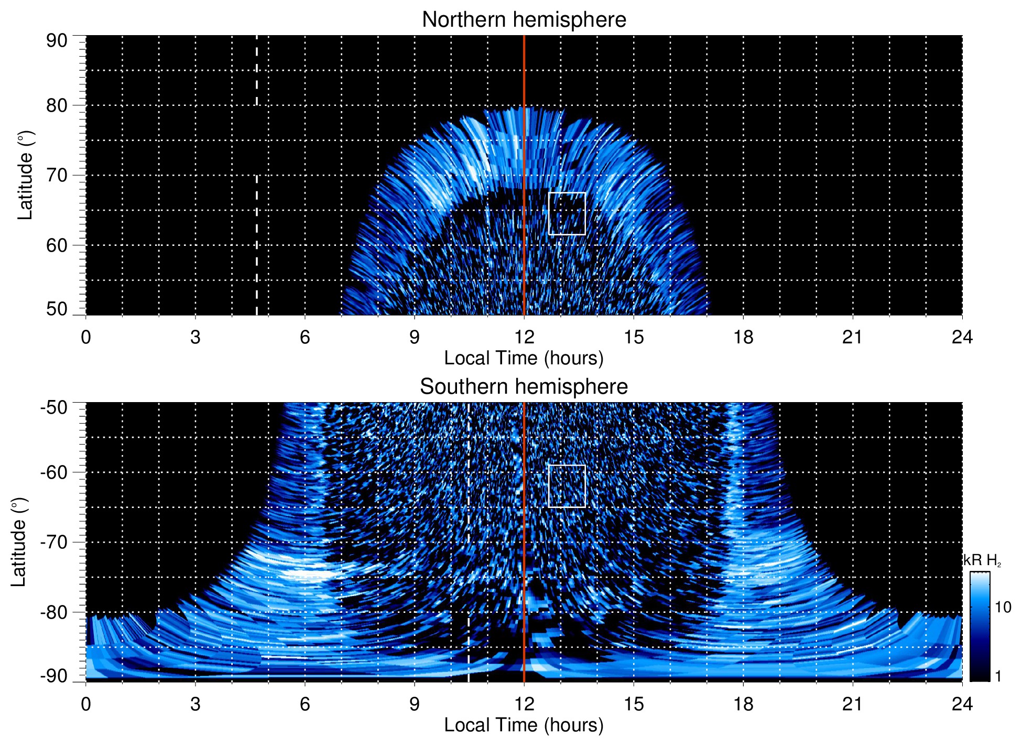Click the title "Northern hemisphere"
(524, 20)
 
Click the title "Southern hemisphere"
(524, 387)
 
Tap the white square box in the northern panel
(567, 214)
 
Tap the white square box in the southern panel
(567, 486)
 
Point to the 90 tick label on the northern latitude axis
(57, 41)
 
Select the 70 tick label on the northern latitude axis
(57, 175)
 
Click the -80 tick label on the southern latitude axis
(53, 612)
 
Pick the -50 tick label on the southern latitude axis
(53, 407)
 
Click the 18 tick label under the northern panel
(743, 337)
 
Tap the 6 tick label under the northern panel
(305, 337)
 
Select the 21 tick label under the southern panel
(853, 704)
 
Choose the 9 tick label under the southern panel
(415, 704)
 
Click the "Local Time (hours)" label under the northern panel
(524, 359)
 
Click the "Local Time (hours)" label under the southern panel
(524, 726)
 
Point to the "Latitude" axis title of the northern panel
(25, 175)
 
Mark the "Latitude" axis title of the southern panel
(19, 542)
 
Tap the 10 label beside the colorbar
(1003, 607)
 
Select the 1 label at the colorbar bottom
(998, 676)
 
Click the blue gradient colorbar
(980, 626)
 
